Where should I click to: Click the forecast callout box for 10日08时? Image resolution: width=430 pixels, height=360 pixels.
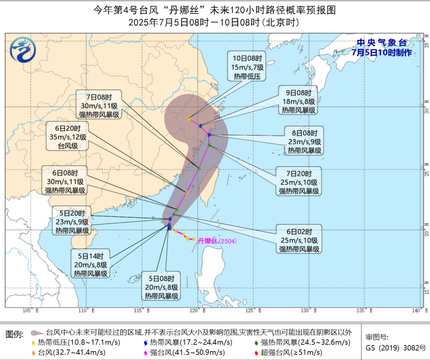pos(247,66)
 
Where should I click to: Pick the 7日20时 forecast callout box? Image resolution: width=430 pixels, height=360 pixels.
pos(299,182)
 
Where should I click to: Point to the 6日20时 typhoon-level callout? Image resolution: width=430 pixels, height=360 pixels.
pos(67,137)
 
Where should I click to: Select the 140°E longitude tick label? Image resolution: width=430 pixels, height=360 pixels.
pos(417,310)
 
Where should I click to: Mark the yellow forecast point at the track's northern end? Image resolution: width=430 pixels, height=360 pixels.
pos(189,118)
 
